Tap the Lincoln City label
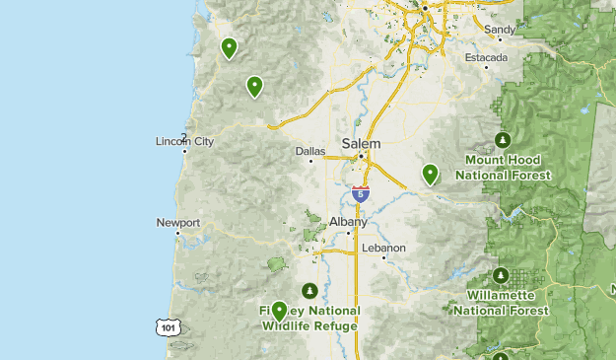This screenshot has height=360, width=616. point(184,142)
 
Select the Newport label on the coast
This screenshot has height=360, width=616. point(178,223)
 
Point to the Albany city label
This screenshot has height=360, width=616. point(349,222)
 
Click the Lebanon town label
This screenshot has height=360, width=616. point(384,248)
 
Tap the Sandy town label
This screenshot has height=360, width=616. point(500,30)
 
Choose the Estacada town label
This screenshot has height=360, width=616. point(488,57)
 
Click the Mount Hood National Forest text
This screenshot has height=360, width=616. point(503,167)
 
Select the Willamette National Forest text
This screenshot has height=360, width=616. point(502,302)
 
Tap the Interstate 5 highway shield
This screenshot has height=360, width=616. point(361,193)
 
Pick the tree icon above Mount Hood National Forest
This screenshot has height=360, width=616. point(503,138)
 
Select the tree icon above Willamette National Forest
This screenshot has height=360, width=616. point(502,274)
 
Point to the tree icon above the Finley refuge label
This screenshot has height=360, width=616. point(310,291)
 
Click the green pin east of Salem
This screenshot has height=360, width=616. point(430,174)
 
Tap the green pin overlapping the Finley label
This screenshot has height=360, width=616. point(280,312)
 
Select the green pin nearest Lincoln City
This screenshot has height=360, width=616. point(255,86)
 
